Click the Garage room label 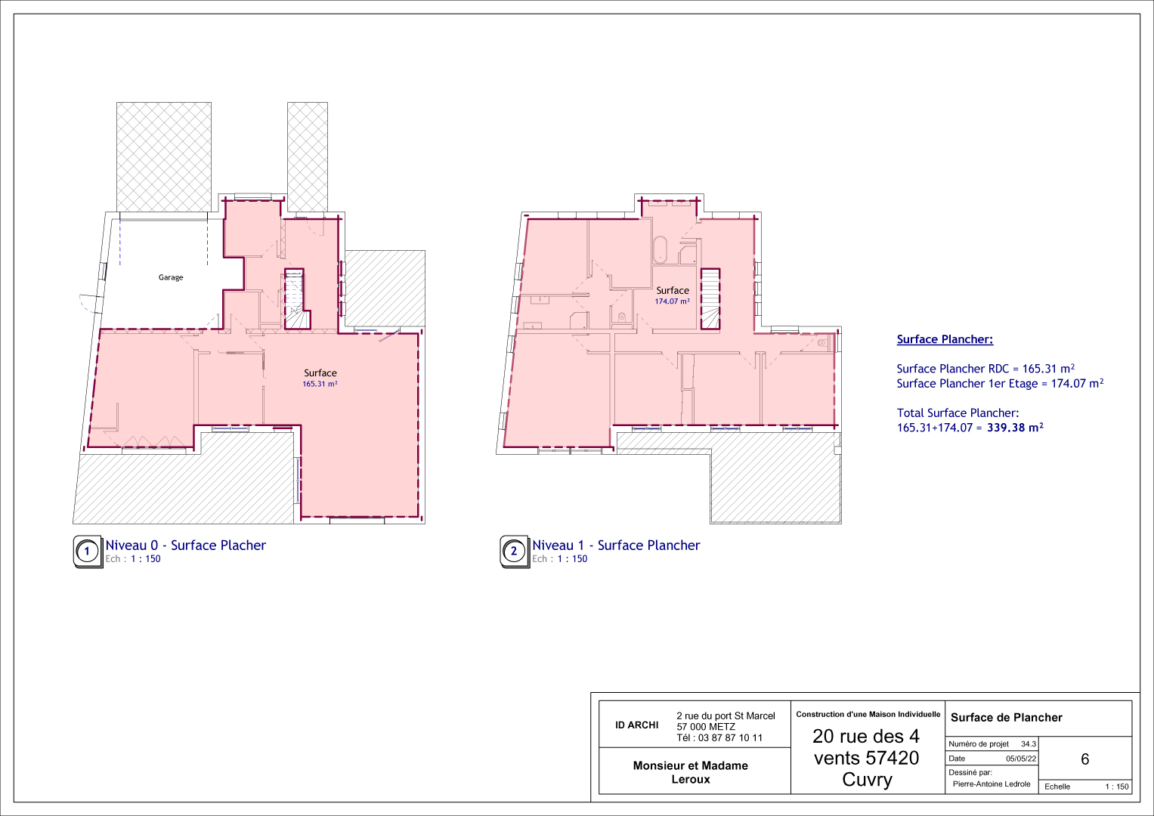pos(171,277)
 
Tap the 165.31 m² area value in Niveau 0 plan pos(320,384)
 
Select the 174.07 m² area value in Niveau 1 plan pos(673,301)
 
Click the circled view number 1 pos(87,552)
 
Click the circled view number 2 pos(514,552)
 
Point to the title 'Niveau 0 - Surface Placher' pos(185,545)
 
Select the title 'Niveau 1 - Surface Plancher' pos(616,545)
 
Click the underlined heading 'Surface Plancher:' pos(945,339)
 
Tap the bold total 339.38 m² pos(1015,427)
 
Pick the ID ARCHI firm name pos(637,725)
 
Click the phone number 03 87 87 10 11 pos(730,737)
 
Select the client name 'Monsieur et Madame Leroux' pos(690,772)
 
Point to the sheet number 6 pos(1085,759)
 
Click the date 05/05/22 pos(1021,759)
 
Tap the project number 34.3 pos(1029,744)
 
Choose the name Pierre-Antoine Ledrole pos(992,784)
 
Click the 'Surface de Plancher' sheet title pos(1007,718)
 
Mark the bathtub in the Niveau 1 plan pos(661,249)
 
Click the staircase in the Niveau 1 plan pos(710,298)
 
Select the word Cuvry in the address pos(867,780)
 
